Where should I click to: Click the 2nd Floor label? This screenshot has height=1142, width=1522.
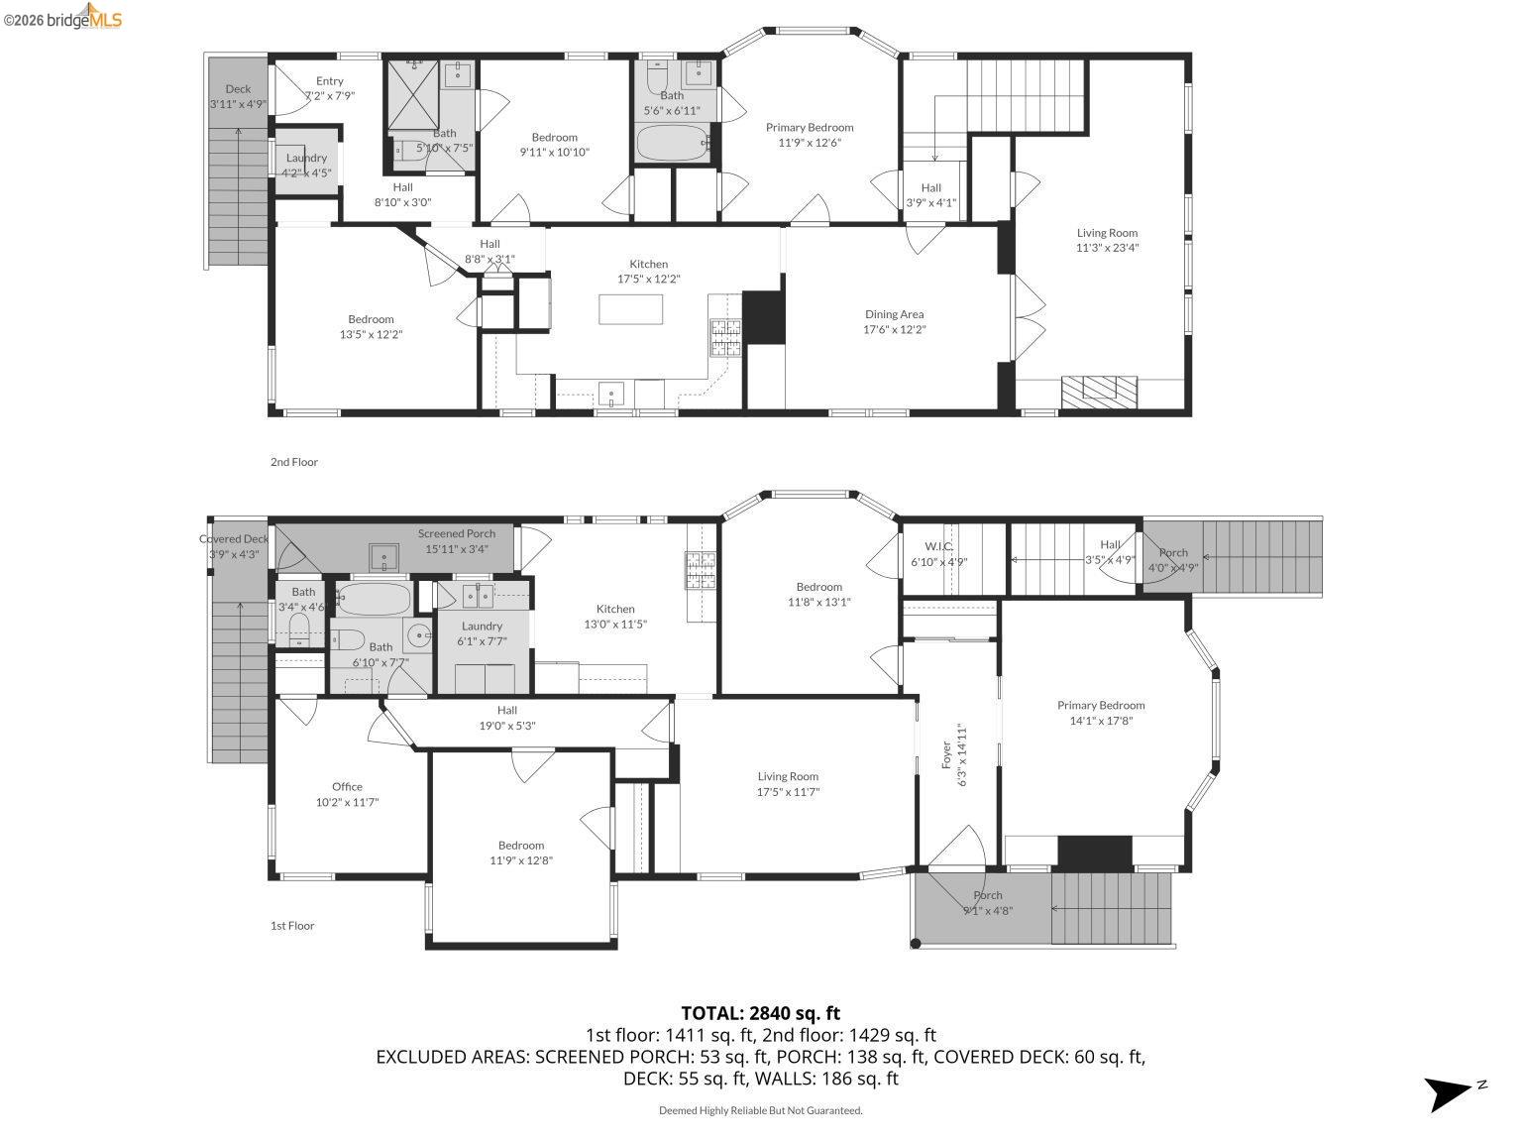(x=294, y=462)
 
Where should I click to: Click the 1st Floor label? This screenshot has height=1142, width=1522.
(x=292, y=926)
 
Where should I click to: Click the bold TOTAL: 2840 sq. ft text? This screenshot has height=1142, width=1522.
(x=760, y=1013)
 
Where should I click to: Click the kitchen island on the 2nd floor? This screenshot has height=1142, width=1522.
(x=631, y=309)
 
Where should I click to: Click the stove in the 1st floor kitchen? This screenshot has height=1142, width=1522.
(x=700, y=571)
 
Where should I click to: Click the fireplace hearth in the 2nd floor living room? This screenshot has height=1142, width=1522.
(x=1099, y=391)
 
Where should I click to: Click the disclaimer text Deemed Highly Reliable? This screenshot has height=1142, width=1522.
(x=760, y=1110)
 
